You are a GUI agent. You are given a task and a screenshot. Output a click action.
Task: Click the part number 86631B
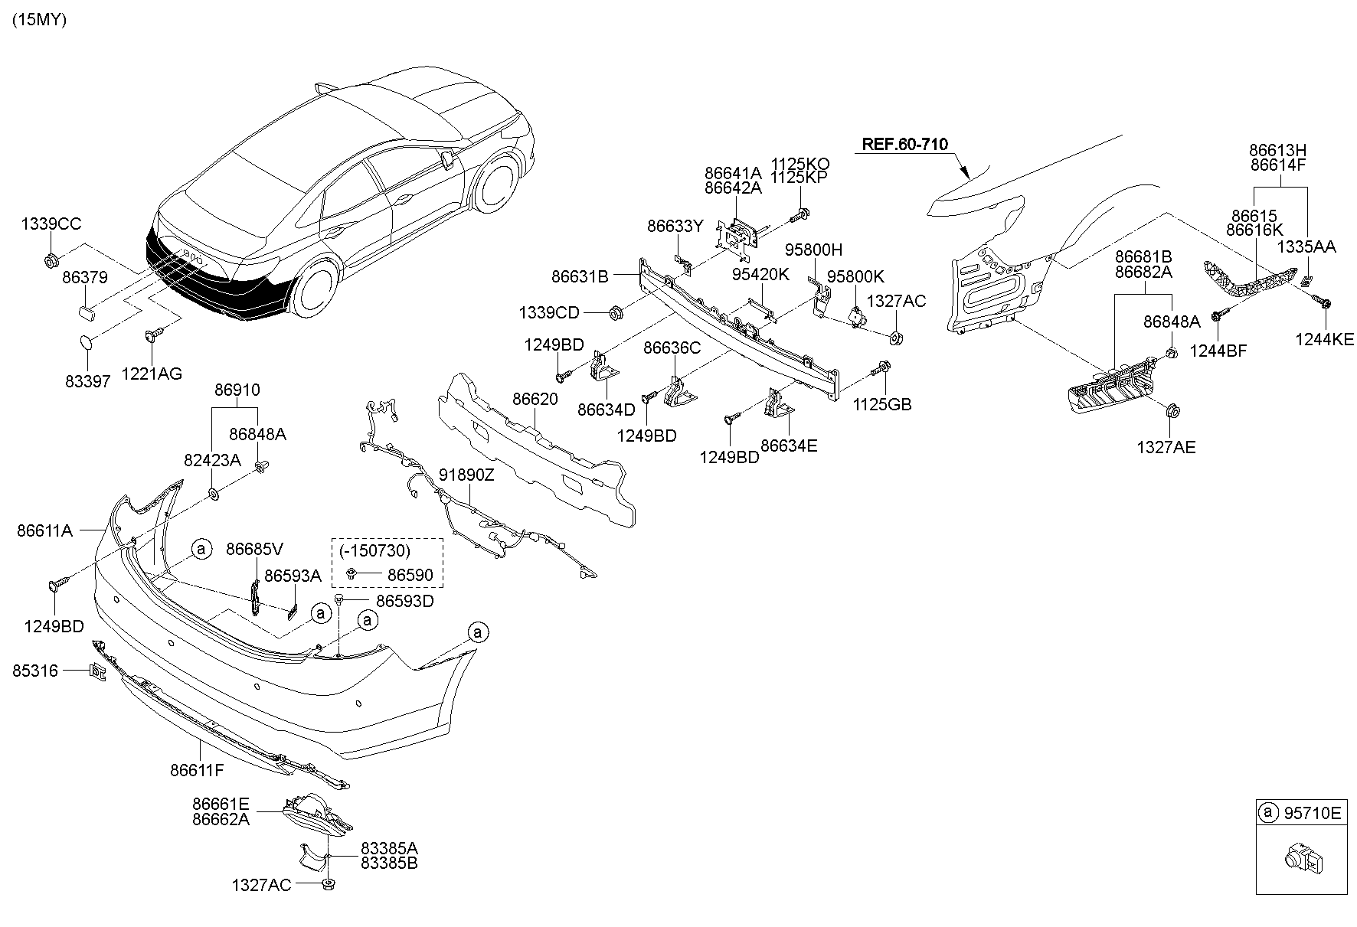[x=579, y=276]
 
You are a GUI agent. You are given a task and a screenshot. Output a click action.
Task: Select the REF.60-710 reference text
[x=904, y=144]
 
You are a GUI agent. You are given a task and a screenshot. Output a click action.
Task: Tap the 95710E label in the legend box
[x=1313, y=813]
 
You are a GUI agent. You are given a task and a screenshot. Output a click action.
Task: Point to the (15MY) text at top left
[x=38, y=21]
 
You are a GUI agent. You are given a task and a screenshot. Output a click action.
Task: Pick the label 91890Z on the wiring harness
[x=466, y=475]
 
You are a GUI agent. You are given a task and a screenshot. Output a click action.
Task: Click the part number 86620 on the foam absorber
[x=535, y=399]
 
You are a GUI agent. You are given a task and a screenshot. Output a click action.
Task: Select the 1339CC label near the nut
[x=51, y=224]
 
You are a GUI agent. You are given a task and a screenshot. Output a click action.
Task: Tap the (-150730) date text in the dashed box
[x=371, y=550]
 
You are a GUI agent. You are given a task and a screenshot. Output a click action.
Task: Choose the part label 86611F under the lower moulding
[x=197, y=769]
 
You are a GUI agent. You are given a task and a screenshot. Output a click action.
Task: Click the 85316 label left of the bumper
[x=35, y=671]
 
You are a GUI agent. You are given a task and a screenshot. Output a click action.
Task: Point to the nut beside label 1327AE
[x=1171, y=412]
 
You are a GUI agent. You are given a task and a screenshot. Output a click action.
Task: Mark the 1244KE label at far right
[x=1324, y=339]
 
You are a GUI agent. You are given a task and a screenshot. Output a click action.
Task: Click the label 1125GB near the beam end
[x=882, y=404]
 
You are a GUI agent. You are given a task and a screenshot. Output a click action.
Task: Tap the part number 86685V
[x=254, y=549]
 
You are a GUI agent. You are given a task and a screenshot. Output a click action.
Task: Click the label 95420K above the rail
[x=760, y=274]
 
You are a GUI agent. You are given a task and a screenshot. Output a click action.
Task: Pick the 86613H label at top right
[x=1277, y=150]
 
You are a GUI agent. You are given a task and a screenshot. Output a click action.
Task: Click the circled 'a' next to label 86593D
[x=368, y=619]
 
